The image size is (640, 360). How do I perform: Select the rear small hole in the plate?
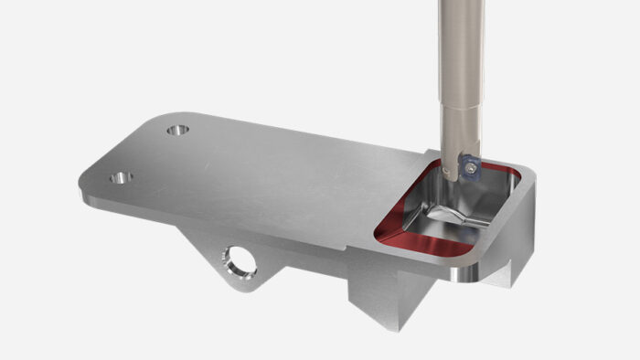pos(178,130)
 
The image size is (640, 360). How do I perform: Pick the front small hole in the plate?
pos(120,177)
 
